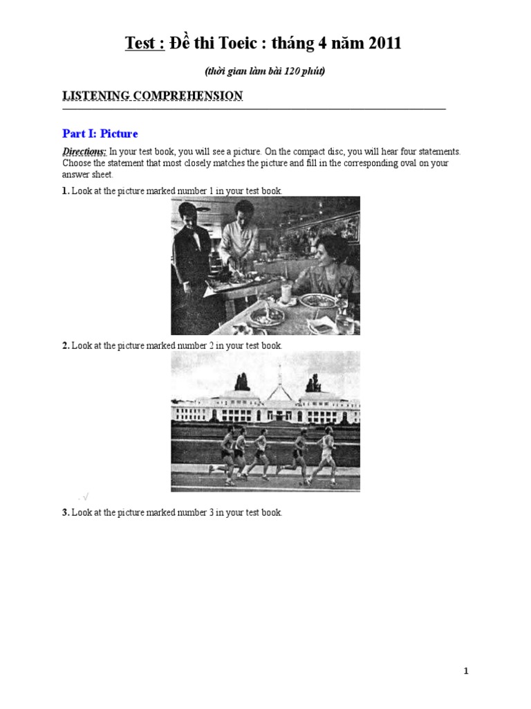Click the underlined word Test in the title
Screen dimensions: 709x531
[x=141, y=44]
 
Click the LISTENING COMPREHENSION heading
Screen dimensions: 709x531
[x=153, y=96]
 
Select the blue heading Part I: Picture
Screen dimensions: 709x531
[x=100, y=134]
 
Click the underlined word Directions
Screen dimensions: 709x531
[x=84, y=152]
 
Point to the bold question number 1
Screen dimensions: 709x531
[x=65, y=190]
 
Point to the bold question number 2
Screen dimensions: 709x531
[x=65, y=345]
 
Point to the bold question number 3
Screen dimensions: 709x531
[x=65, y=512]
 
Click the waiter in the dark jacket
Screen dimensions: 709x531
[x=190, y=256]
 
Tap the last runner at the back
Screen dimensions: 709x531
[x=227, y=454]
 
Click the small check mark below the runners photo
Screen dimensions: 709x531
[x=86, y=496]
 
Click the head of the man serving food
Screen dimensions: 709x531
[x=243, y=210]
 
